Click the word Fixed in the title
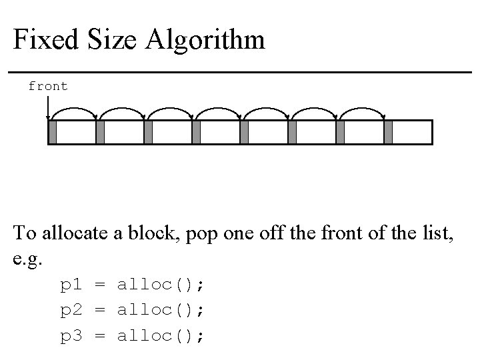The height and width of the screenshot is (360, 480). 41,40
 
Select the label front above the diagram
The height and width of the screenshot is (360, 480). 48,86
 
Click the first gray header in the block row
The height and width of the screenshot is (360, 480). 53,132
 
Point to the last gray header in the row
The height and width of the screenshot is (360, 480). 389,132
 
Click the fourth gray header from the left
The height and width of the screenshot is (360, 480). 196,132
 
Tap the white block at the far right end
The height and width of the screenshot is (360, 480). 412,132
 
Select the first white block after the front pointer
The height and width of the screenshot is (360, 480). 76,132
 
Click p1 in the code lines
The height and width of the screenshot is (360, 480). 71,285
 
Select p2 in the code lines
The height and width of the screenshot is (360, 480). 71,311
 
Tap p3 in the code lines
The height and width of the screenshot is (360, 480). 71,336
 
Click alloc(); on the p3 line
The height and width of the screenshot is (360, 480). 161,336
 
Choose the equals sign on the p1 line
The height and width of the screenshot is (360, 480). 100,285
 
